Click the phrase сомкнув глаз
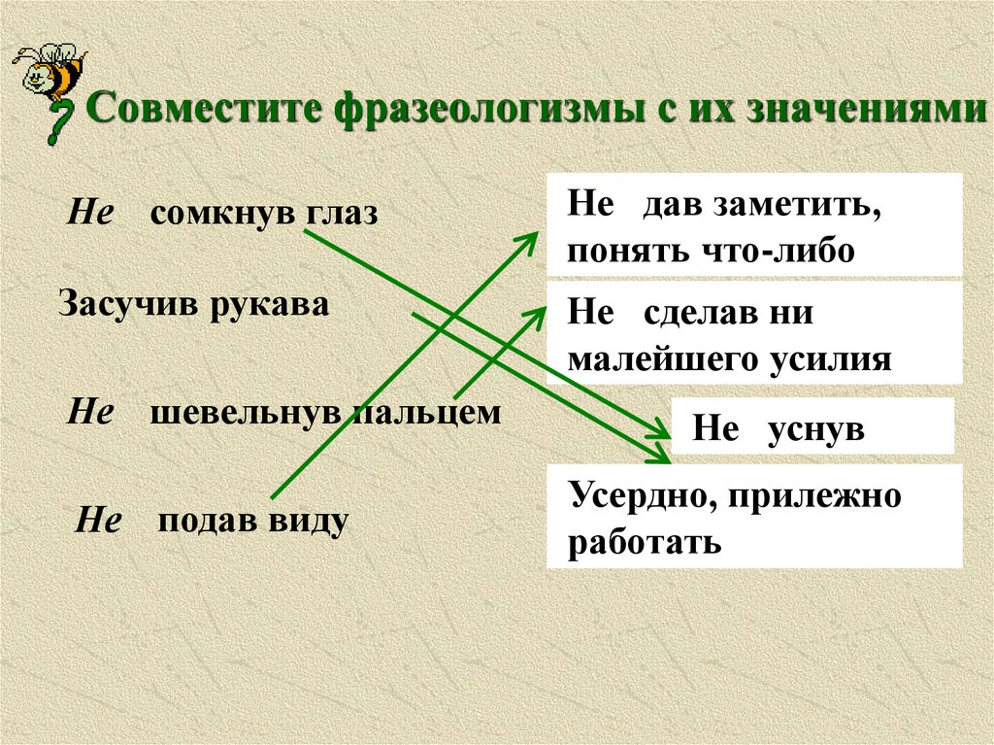[x=262, y=214]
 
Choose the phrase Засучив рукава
[x=194, y=304]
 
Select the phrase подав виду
[x=252, y=521]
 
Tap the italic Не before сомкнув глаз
[x=89, y=214]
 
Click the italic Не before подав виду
[x=98, y=522]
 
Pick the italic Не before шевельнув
[x=89, y=413]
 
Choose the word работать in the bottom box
[x=645, y=541]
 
